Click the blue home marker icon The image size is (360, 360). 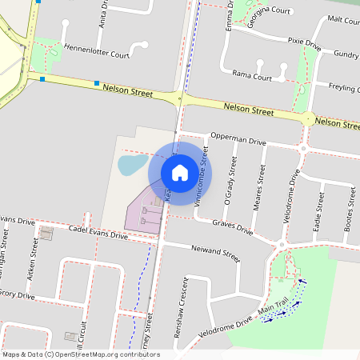pyautogui.click(x=180, y=172)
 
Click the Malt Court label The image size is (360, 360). pyautogui.click(x=343, y=19)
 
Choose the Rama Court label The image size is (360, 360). pyautogui.click(x=251, y=76)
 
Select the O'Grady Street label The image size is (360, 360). pyautogui.click(x=232, y=181)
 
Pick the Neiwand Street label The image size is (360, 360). pyautogui.click(x=216, y=254)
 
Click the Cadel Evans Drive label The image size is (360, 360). pyautogui.click(x=98, y=233)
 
